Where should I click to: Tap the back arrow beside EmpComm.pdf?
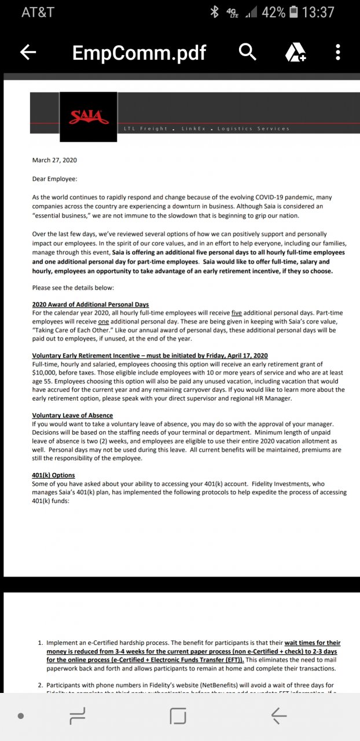pos(28,53)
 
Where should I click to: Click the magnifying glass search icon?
pos(248,52)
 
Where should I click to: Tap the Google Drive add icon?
pos(295,53)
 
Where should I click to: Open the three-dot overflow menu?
pos(338,52)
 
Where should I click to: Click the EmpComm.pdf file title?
pos(139,53)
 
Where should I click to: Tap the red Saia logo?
pos(89,118)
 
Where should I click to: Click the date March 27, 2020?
pos(54,160)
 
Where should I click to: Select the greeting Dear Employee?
pos(54,179)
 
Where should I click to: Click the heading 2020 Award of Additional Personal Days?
pos(90,305)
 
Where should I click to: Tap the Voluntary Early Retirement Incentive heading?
pos(149,355)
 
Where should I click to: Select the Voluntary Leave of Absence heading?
pos(72,416)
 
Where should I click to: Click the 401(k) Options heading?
pos(53,475)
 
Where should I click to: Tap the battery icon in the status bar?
pos(293,12)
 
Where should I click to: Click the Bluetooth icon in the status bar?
pos(214,12)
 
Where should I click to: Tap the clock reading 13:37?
pos(319,12)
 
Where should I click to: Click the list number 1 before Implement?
pos(40,643)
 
